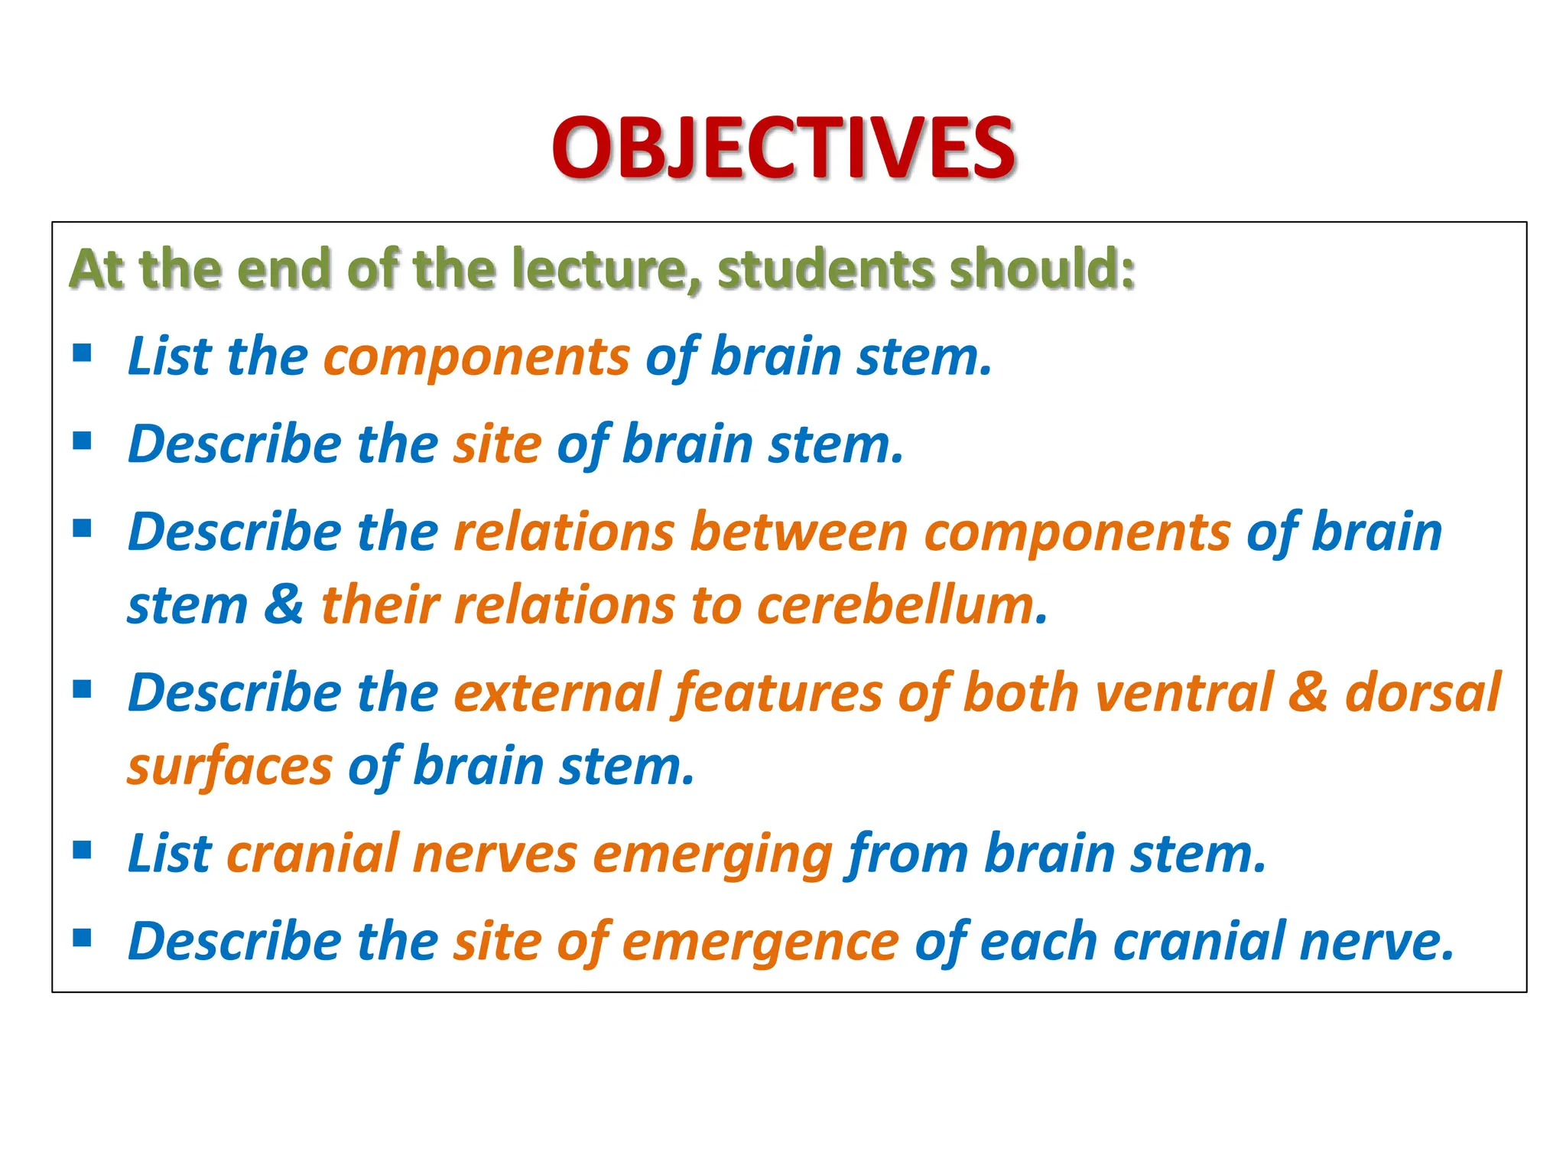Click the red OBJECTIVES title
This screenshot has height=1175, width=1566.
(x=783, y=147)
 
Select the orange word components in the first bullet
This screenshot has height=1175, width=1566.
(x=476, y=358)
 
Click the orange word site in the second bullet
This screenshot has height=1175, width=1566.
(x=497, y=445)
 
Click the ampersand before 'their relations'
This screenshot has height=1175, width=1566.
(x=284, y=605)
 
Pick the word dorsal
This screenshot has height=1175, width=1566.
(x=1423, y=693)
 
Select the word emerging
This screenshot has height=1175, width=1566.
(x=712, y=854)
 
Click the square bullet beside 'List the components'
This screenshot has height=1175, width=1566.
(x=83, y=353)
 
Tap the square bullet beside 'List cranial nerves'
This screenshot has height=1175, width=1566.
(x=83, y=850)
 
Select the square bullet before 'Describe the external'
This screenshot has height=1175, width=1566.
(x=83, y=689)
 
